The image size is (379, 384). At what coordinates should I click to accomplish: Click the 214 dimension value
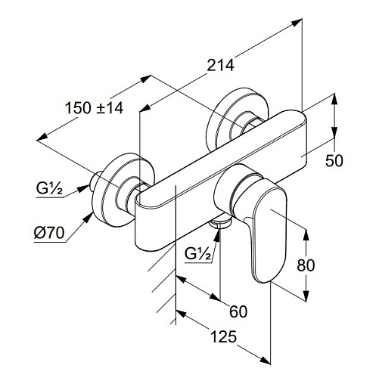220,66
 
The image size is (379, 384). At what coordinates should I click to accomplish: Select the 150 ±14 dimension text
95,108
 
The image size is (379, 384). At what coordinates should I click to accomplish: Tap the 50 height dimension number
334,160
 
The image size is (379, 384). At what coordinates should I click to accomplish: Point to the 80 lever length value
306,265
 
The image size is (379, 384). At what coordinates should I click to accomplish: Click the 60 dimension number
238,311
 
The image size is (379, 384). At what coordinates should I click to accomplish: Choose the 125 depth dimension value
224,336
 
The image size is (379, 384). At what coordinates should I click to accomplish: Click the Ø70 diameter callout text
49,233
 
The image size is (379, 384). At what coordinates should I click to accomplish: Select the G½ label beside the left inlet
49,188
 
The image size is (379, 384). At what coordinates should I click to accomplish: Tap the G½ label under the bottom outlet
198,254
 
